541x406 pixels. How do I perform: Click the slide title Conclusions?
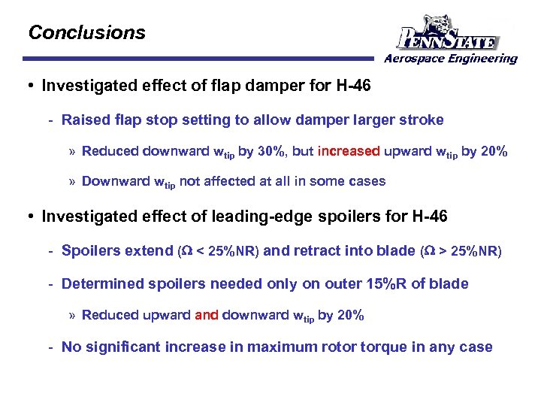pyautogui.click(x=86, y=33)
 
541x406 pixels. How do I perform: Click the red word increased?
pyautogui.click(x=349, y=151)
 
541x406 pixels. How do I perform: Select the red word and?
pyautogui.click(x=207, y=315)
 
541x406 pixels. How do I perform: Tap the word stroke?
pyautogui.click(x=422, y=120)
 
